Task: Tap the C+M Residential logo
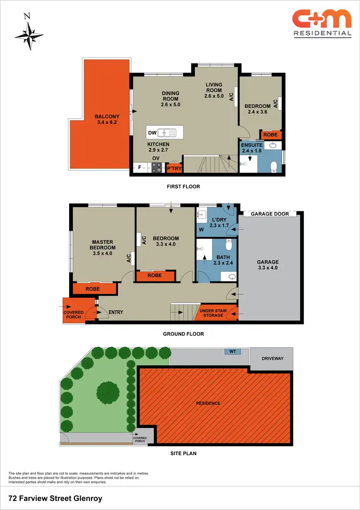pos(322,23)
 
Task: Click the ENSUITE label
pos(251,146)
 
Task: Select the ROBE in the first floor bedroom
pos(270,135)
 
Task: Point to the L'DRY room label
pos(218,222)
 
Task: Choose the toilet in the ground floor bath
pos(229,245)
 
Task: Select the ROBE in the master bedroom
pos(93,289)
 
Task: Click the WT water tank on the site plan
pos(233,352)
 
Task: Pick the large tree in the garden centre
pos(108,393)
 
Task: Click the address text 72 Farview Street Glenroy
pos(56,498)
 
